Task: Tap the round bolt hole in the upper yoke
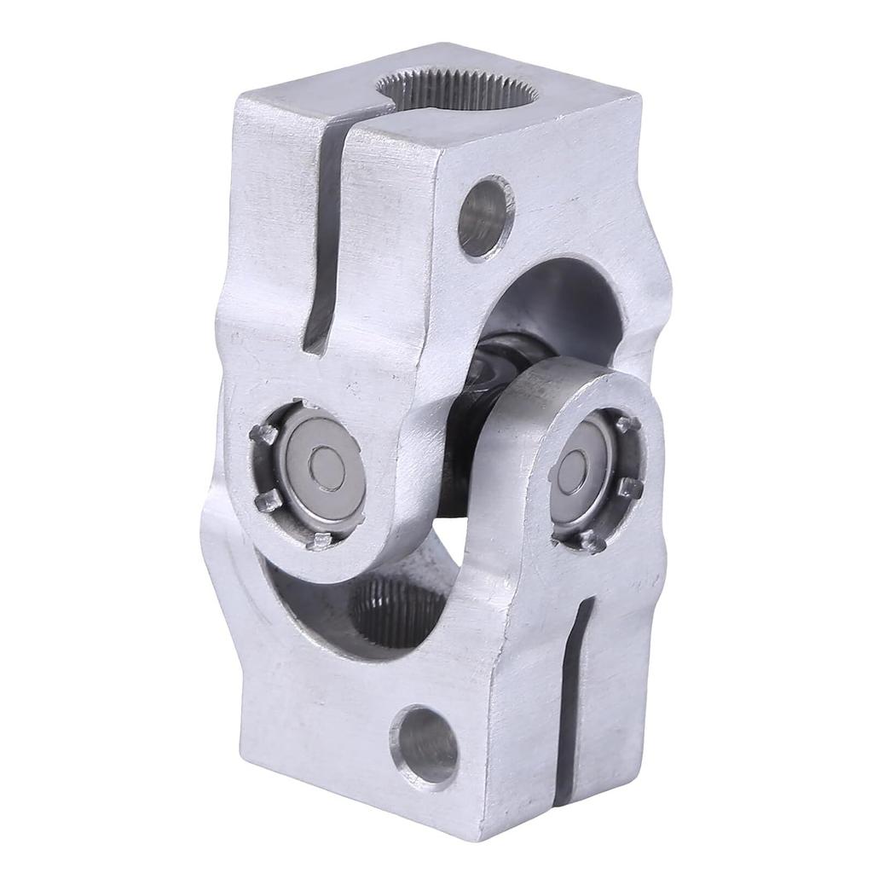[x=485, y=217]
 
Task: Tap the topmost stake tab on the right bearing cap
[x=629, y=424]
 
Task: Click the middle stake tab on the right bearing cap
[x=632, y=488]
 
